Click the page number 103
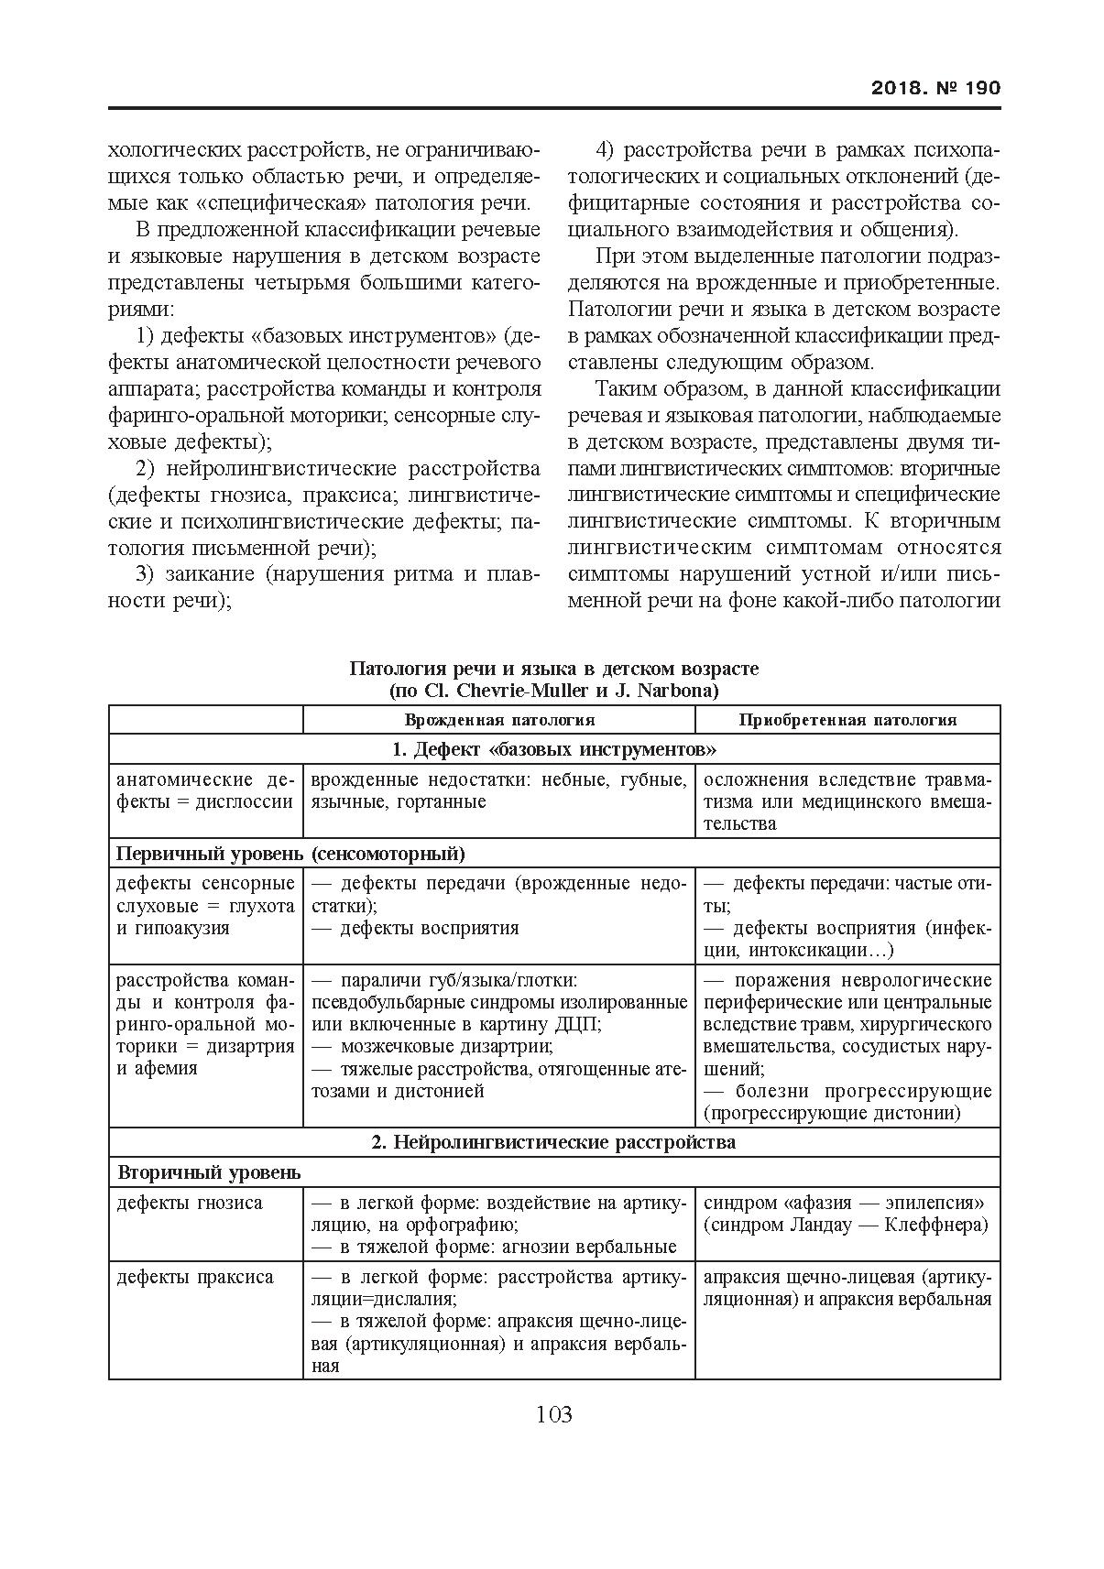click(x=553, y=1414)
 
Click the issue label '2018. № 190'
click(x=935, y=88)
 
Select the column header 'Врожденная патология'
click(x=499, y=720)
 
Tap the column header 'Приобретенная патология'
click(x=847, y=720)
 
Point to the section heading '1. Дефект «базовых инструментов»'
click(x=553, y=749)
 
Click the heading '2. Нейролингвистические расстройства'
click(x=553, y=1142)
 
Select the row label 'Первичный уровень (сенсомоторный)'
click(x=290, y=854)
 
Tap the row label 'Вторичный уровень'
click(x=209, y=1172)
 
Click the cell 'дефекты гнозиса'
click(x=189, y=1203)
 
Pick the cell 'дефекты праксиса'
click(x=194, y=1277)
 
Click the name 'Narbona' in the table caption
click(x=680, y=690)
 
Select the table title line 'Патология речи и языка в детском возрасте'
click(x=553, y=669)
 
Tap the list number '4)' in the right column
click(x=605, y=149)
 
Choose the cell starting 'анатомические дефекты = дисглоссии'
click(x=205, y=791)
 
